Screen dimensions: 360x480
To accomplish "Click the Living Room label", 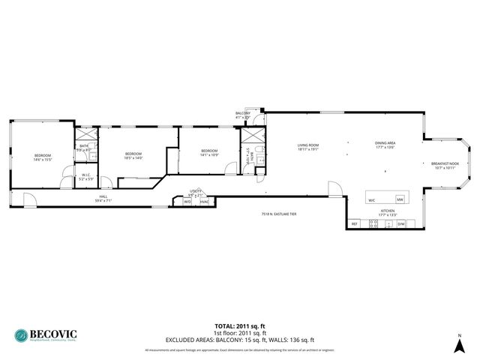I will pos(308,147).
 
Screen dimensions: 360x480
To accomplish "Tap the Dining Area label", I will pos(385,145).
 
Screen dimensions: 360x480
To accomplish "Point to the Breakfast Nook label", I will pos(445,165).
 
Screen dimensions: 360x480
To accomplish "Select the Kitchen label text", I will pos(388,213).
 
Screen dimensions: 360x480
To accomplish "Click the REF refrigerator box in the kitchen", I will pos(355,223).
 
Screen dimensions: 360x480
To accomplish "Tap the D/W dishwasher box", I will pos(401,223).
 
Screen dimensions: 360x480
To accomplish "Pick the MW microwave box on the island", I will pos(400,199).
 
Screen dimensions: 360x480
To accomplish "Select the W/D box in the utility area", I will pos(187,201).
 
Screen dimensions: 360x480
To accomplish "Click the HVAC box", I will pos(204,201).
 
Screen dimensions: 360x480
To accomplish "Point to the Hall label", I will pos(103,199).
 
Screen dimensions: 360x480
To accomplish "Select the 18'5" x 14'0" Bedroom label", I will pos(133,156).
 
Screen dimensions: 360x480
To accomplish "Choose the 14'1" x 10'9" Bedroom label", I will pos(209,153).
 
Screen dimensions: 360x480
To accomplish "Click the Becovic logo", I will pos(46,334).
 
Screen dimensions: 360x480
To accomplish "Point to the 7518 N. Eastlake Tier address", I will pos(279,214).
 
